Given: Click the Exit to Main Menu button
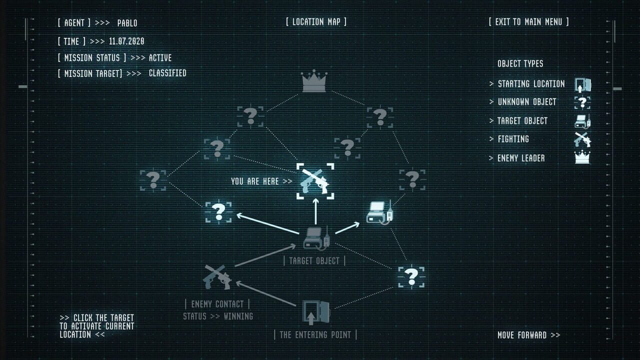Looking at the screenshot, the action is pyautogui.click(x=528, y=22).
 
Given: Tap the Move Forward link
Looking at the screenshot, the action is pyautogui.click(x=529, y=335).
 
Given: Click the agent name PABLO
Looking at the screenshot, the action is pyautogui.click(x=127, y=23).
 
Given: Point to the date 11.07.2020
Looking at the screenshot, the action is pyautogui.click(x=126, y=41).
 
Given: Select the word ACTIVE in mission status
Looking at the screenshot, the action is pyautogui.click(x=160, y=58).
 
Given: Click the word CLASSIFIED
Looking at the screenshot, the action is pyautogui.click(x=167, y=73).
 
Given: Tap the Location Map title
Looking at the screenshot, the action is pyautogui.click(x=316, y=21).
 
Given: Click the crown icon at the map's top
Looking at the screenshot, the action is pyautogui.click(x=314, y=81).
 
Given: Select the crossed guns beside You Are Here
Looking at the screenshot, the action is pyautogui.click(x=315, y=181).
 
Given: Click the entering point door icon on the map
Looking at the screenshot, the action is pyautogui.click(x=316, y=312).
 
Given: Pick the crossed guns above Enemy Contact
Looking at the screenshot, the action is pyautogui.click(x=217, y=277).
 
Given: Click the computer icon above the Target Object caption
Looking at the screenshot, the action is pyautogui.click(x=316, y=238).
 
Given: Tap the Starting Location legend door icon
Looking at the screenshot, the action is pyautogui.click(x=583, y=85).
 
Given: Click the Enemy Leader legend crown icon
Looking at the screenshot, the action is pyautogui.click(x=582, y=157).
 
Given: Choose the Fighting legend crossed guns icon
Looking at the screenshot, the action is pyautogui.click(x=582, y=139).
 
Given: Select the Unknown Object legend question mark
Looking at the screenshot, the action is pyautogui.click(x=582, y=102).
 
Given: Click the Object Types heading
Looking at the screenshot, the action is pyautogui.click(x=520, y=63).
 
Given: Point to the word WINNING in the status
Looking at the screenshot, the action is pyautogui.click(x=238, y=316).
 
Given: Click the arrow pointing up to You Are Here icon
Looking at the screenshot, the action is pyautogui.click(x=315, y=211).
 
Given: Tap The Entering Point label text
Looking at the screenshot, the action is pyautogui.click(x=315, y=335).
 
